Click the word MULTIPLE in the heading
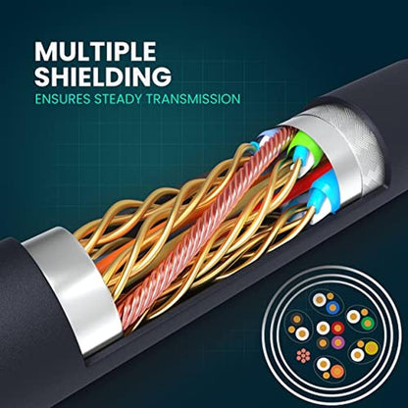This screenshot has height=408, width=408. [95, 51]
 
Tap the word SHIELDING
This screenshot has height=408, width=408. [103, 76]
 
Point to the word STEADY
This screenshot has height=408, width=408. [123, 99]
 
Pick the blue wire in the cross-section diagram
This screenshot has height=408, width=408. [332, 308]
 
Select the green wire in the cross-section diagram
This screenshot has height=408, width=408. [368, 323]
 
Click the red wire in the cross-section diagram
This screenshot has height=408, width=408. [337, 328]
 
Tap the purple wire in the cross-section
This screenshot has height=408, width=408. [337, 342]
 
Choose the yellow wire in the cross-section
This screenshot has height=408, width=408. [372, 347]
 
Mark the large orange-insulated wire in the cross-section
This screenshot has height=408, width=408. [337, 371]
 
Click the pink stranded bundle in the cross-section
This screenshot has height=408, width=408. [303, 355]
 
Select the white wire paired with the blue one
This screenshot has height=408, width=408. [319, 300]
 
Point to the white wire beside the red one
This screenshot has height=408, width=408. [323, 328]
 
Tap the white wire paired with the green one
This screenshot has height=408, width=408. [353, 317]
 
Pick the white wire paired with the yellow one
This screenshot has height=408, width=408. [357, 354]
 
